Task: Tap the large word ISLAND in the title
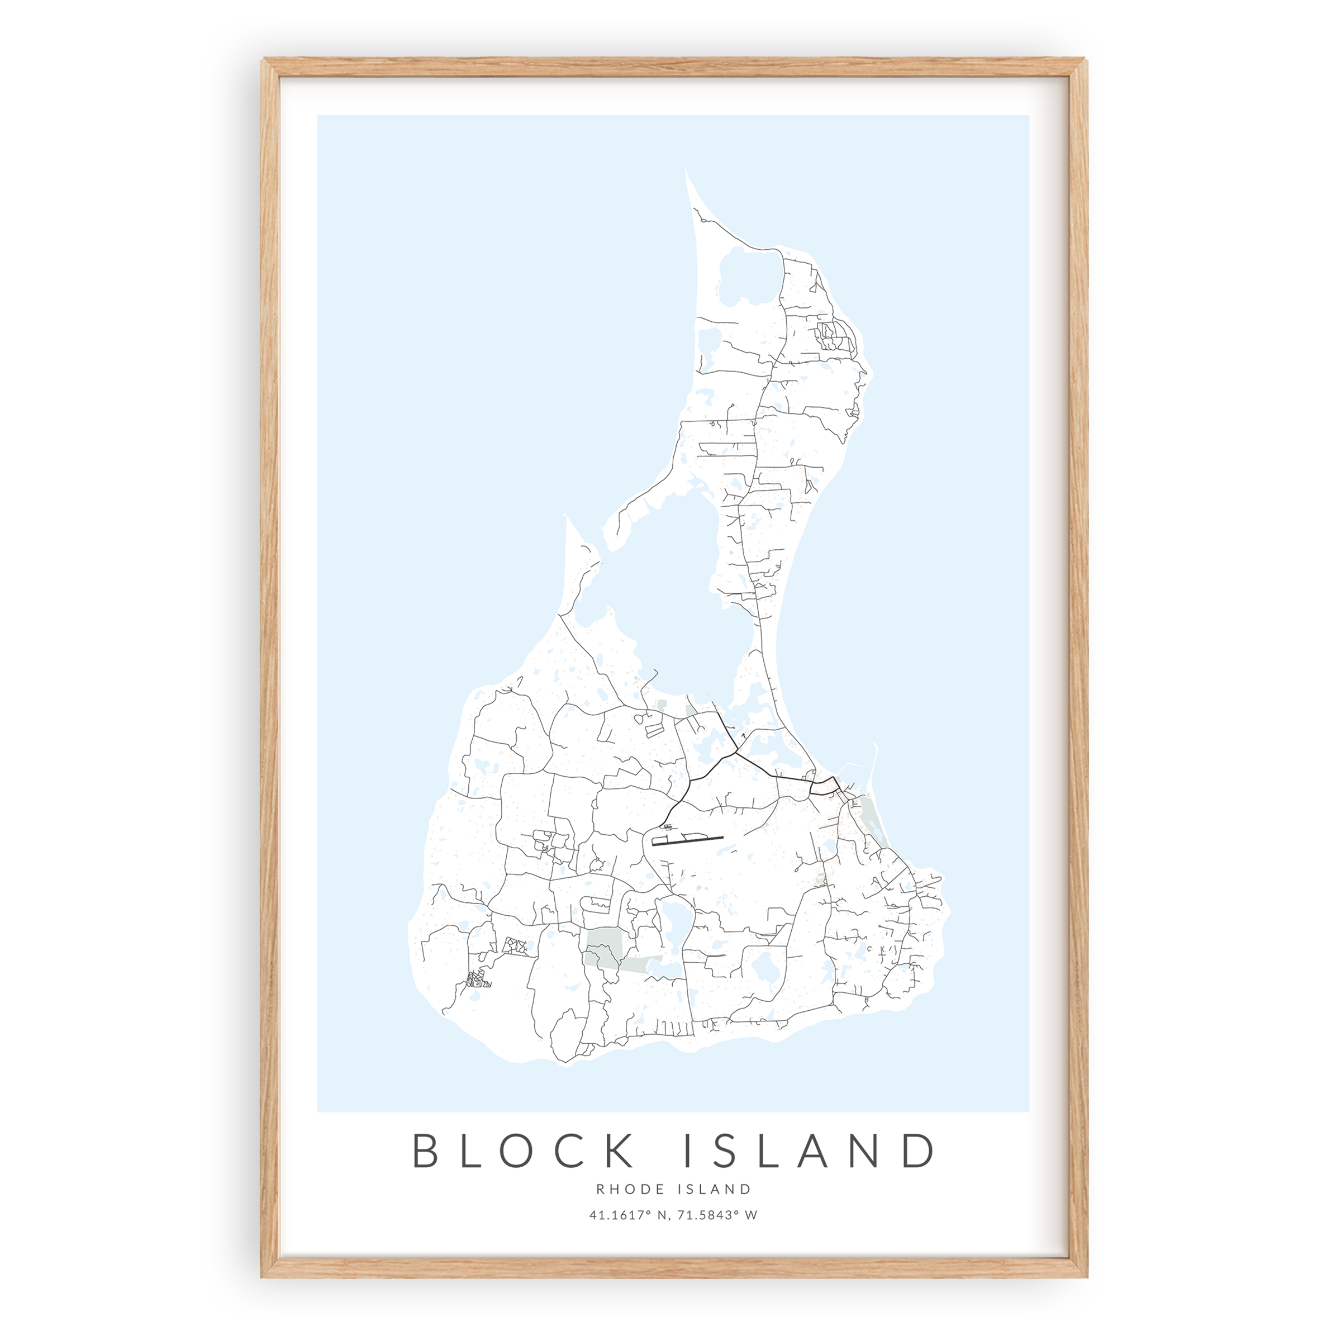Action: (809, 1151)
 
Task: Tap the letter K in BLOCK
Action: (616, 1151)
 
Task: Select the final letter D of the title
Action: (918, 1151)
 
